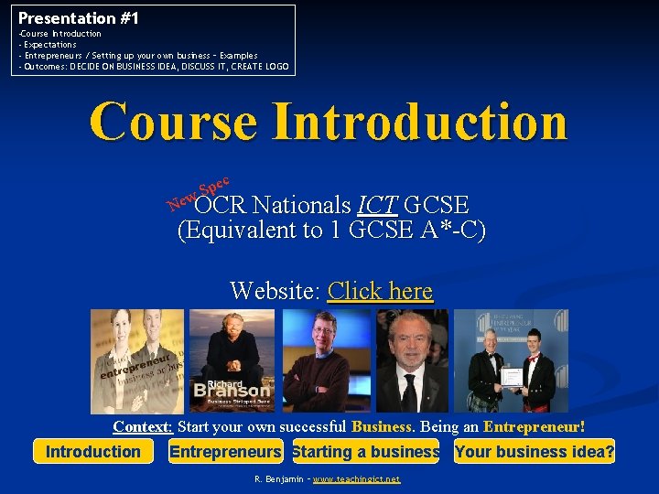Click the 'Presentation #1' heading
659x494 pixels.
pos(79,17)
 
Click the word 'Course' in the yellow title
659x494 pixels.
pos(174,122)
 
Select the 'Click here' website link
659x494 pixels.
pos(380,291)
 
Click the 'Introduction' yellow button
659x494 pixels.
pos(93,451)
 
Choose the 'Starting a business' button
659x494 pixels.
pos(366,451)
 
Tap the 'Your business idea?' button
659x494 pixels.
pos(535,451)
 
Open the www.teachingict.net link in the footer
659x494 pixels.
pos(356,479)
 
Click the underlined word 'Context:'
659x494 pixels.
pos(143,426)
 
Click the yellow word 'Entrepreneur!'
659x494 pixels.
pos(534,426)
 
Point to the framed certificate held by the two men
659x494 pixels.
pos(511,376)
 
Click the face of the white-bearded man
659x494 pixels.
pos(410,341)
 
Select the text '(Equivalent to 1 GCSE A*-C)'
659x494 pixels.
pos(330,230)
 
